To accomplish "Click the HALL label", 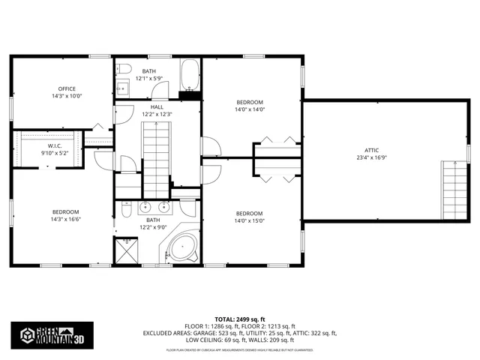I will tap(157, 106).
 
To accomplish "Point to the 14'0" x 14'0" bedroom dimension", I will tap(250, 109).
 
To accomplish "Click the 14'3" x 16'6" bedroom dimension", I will tap(65, 219).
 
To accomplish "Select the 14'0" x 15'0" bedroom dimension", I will tap(250, 220).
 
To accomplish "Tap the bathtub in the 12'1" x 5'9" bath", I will tap(190, 75).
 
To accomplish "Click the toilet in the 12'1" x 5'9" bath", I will tap(126, 70).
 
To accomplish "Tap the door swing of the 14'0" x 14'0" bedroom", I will tap(208, 147).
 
